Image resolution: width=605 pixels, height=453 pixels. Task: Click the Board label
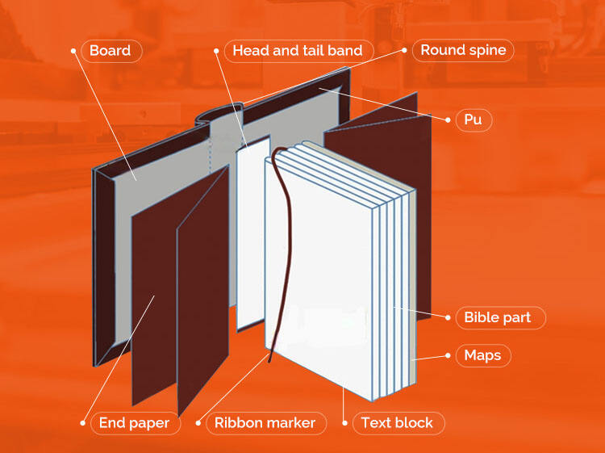(111, 50)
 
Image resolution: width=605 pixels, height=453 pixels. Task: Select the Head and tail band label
(298, 50)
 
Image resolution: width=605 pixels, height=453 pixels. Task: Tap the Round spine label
(463, 50)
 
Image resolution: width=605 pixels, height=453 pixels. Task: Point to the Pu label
(473, 120)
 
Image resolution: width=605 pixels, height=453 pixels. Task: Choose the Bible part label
(498, 317)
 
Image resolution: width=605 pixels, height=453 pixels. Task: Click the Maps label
(482, 355)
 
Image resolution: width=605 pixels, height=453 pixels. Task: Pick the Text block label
(397, 422)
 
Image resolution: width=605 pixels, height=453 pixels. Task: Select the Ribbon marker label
(265, 422)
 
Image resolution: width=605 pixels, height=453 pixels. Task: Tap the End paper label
(134, 422)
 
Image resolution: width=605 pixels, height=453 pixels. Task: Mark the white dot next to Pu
(449, 120)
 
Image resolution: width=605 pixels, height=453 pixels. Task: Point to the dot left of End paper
(82, 422)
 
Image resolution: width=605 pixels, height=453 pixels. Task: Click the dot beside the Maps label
(449, 355)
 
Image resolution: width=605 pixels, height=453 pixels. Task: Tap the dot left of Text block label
(345, 422)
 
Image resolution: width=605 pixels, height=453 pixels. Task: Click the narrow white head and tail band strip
(252, 234)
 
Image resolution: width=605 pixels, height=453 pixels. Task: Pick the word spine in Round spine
(486, 50)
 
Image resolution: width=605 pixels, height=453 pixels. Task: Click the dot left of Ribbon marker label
(198, 422)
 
